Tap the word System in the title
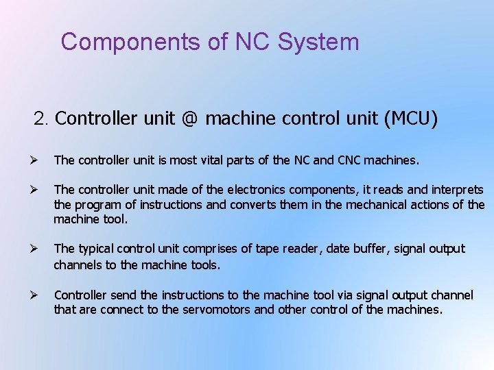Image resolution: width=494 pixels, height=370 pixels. [x=318, y=42]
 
